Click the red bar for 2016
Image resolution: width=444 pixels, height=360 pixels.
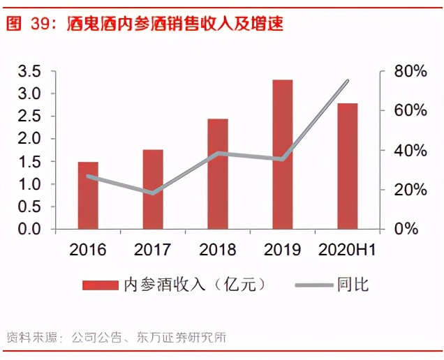[88, 195]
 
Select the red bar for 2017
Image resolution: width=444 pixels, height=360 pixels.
[153, 189]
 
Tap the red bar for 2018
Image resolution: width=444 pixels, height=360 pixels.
[218, 174]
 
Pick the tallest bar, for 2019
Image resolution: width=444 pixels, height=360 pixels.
[283, 154]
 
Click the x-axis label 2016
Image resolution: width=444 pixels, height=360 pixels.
[88, 249]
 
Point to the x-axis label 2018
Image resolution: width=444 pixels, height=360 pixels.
[218, 249]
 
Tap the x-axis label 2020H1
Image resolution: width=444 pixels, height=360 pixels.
[347, 249]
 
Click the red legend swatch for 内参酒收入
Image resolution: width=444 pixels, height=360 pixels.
[101, 285]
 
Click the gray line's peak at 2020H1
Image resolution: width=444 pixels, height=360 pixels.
[347, 81]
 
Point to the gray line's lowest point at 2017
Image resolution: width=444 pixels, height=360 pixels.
[153, 193]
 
